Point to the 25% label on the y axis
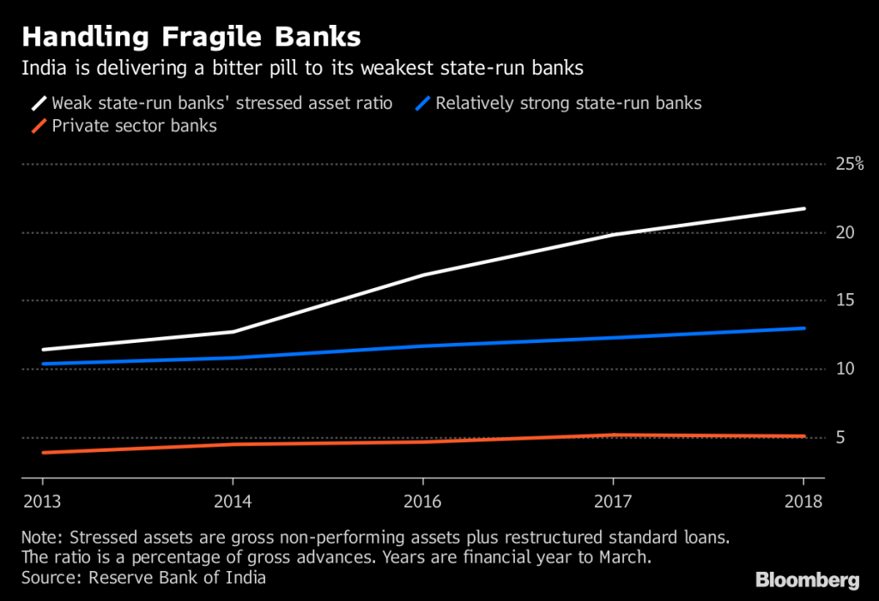click(x=849, y=164)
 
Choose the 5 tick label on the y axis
click(x=841, y=437)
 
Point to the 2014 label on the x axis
click(x=232, y=500)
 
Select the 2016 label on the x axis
click(x=422, y=500)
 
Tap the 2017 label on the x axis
click(x=613, y=500)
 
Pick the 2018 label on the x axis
click(x=804, y=500)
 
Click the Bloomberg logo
click(x=806, y=580)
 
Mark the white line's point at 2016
click(x=422, y=274)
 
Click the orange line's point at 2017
click(x=613, y=435)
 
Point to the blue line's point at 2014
click(x=232, y=358)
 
